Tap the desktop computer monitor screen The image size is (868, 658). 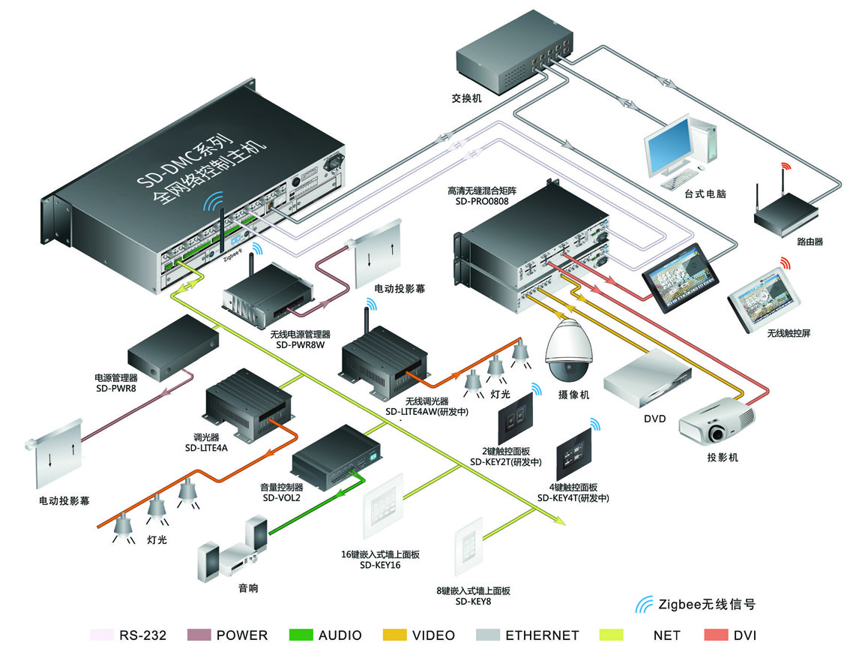(x=669, y=146)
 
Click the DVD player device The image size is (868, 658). (x=648, y=380)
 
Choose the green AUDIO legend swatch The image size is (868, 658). (x=301, y=635)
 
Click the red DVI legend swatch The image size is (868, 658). (x=716, y=635)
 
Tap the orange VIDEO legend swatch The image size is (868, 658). (x=394, y=635)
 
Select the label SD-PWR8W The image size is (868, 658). (x=300, y=344)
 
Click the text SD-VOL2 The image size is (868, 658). (x=281, y=497)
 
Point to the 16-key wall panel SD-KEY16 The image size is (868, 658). (x=383, y=506)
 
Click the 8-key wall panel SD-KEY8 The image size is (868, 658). (x=469, y=546)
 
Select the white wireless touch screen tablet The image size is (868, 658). (x=763, y=299)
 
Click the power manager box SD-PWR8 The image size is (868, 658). (x=172, y=348)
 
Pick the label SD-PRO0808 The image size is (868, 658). (x=482, y=201)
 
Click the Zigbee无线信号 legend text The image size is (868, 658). (x=706, y=604)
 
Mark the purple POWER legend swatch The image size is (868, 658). (x=199, y=635)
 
